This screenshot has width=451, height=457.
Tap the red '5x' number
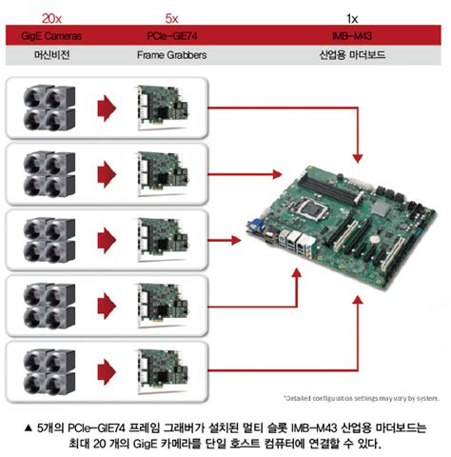[x=171, y=17]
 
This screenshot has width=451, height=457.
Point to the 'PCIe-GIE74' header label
[x=171, y=35]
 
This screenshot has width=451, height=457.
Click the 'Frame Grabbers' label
[x=171, y=55]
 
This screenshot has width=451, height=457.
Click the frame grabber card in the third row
[x=162, y=237]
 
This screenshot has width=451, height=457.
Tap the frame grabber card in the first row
[x=162, y=108]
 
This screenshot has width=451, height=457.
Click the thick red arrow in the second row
[x=109, y=173]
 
